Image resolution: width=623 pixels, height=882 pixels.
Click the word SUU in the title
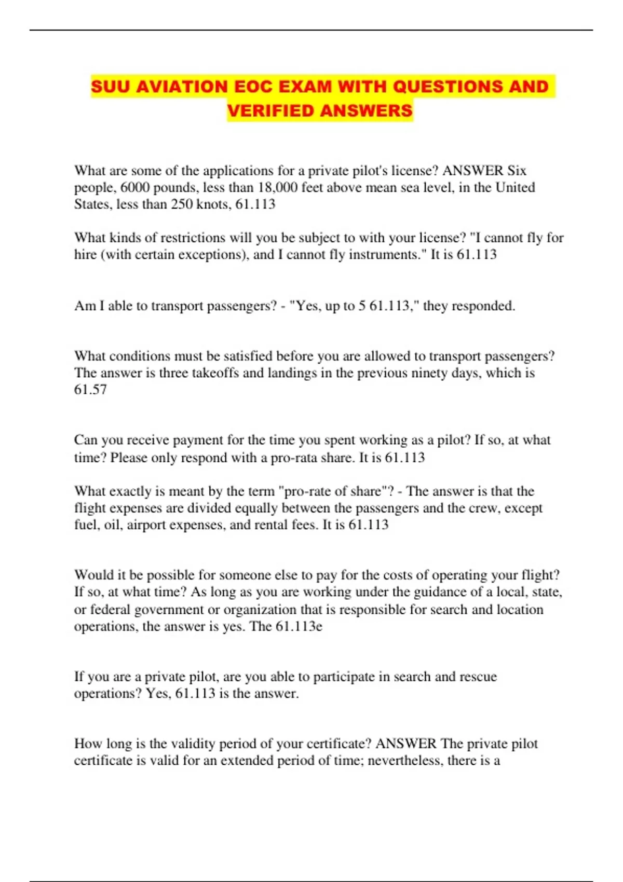click(111, 86)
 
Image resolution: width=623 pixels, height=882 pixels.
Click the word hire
click(86, 254)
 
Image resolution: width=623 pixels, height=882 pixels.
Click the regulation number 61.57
click(90, 389)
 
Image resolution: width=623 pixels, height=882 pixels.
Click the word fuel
click(86, 525)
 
